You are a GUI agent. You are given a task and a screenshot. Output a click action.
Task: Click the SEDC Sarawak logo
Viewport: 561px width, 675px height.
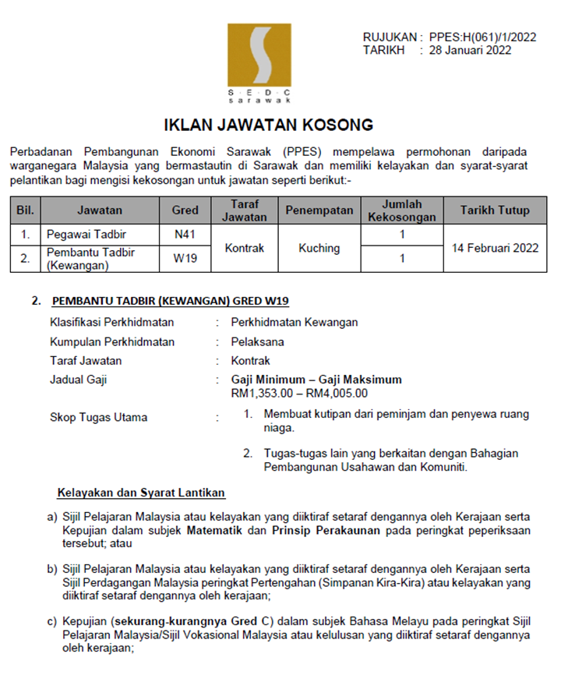(x=259, y=63)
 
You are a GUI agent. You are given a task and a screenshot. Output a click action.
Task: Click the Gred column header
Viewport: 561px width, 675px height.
(x=185, y=210)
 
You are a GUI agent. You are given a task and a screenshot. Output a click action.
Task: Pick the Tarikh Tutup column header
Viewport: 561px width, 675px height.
(x=495, y=210)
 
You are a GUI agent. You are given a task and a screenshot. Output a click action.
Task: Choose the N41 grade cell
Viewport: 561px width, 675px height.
(x=185, y=233)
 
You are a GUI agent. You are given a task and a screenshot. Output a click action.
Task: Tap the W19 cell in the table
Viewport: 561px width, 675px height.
(x=185, y=259)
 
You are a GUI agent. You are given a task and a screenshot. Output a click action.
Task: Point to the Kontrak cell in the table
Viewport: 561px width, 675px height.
(x=245, y=248)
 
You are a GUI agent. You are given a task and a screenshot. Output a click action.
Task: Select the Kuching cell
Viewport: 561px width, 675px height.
(x=319, y=248)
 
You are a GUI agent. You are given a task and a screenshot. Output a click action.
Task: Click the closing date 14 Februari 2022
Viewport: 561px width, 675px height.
(x=495, y=248)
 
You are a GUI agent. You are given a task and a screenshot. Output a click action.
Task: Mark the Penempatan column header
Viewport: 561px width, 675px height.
(x=319, y=210)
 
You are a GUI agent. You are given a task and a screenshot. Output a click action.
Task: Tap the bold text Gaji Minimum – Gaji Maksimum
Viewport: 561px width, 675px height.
(x=316, y=380)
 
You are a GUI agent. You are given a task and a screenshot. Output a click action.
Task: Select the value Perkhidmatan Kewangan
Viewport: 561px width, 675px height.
(x=295, y=322)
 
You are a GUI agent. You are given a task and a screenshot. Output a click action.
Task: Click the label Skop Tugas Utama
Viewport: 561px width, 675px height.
(x=98, y=417)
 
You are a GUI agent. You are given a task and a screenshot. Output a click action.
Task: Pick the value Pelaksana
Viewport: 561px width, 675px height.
(x=257, y=341)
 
